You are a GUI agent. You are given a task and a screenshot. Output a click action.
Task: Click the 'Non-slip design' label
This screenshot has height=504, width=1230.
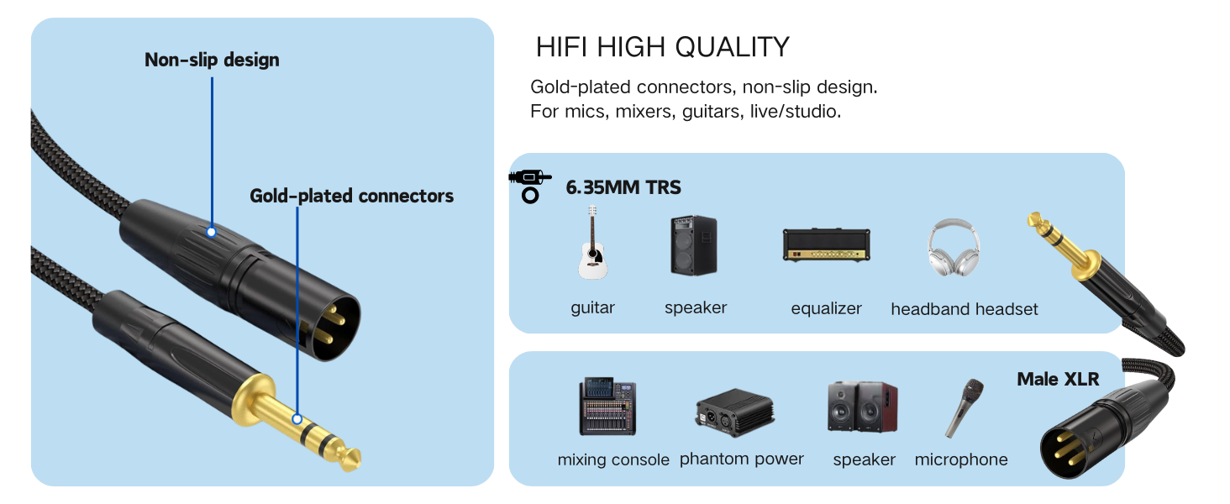click(x=212, y=60)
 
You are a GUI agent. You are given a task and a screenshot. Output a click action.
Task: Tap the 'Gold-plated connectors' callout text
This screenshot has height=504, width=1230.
click(x=351, y=196)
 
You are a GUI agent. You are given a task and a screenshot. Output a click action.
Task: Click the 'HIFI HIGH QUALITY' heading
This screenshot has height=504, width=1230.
click(x=662, y=47)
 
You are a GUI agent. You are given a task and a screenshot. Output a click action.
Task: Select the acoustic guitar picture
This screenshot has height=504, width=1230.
click(x=592, y=244)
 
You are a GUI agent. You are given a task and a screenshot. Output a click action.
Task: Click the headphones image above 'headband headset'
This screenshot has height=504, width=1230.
click(x=954, y=248)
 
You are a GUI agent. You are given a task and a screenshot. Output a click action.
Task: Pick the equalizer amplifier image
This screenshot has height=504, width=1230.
click(x=827, y=244)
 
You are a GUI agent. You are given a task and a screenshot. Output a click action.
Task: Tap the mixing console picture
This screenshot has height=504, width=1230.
click(x=607, y=407)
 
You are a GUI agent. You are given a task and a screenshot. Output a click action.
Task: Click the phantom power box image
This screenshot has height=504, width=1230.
click(x=733, y=412)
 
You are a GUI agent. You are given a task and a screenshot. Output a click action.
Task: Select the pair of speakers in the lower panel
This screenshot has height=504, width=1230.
click(x=862, y=407)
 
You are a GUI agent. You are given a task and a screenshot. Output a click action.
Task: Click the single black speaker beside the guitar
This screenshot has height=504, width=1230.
click(x=694, y=245)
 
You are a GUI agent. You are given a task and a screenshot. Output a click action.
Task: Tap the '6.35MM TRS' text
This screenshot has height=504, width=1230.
click(x=623, y=188)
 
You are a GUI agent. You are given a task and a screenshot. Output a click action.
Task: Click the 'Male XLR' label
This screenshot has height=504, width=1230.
click(x=1058, y=379)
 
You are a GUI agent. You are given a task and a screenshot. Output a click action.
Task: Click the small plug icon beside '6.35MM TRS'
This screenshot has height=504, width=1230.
click(x=529, y=186)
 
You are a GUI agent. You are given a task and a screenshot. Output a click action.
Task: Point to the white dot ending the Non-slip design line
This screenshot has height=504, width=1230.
click(x=212, y=231)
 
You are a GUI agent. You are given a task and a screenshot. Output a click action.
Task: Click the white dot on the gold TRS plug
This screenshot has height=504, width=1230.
click(x=297, y=418)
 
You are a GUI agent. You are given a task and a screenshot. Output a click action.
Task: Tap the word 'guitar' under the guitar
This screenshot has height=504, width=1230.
click(x=592, y=307)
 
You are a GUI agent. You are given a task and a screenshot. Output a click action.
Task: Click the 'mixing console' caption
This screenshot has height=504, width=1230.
click(x=613, y=459)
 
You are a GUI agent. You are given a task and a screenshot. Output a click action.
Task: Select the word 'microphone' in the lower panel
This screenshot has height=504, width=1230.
click(x=960, y=459)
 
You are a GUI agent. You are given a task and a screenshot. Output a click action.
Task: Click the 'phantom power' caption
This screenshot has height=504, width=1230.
click(x=741, y=459)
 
